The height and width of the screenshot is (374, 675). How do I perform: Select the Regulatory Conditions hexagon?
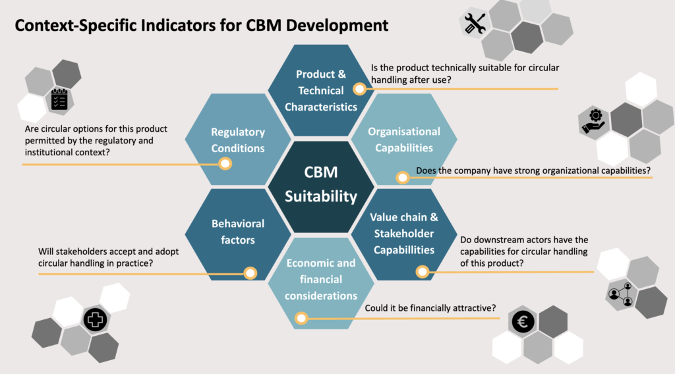point(238,140)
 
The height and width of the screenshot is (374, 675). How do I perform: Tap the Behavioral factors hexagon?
point(238,232)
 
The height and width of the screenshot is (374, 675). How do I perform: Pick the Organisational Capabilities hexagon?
point(403,140)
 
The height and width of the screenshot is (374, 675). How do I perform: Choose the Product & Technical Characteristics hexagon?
point(321,90)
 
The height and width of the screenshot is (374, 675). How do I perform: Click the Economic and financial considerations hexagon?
point(321,279)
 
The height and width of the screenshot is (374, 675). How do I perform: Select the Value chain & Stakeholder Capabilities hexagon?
point(403,233)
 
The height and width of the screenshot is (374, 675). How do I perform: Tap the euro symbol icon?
point(524,323)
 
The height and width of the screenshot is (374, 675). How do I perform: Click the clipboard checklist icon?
point(59,100)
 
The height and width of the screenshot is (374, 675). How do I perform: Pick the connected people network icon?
point(620,294)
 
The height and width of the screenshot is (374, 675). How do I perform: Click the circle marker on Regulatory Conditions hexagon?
point(225,163)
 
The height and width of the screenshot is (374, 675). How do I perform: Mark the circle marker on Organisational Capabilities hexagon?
point(401,178)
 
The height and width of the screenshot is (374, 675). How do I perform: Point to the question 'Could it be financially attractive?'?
point(430,308)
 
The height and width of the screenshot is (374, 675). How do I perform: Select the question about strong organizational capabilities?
point(533,171)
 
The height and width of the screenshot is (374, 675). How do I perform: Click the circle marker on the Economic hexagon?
point(301,319)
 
